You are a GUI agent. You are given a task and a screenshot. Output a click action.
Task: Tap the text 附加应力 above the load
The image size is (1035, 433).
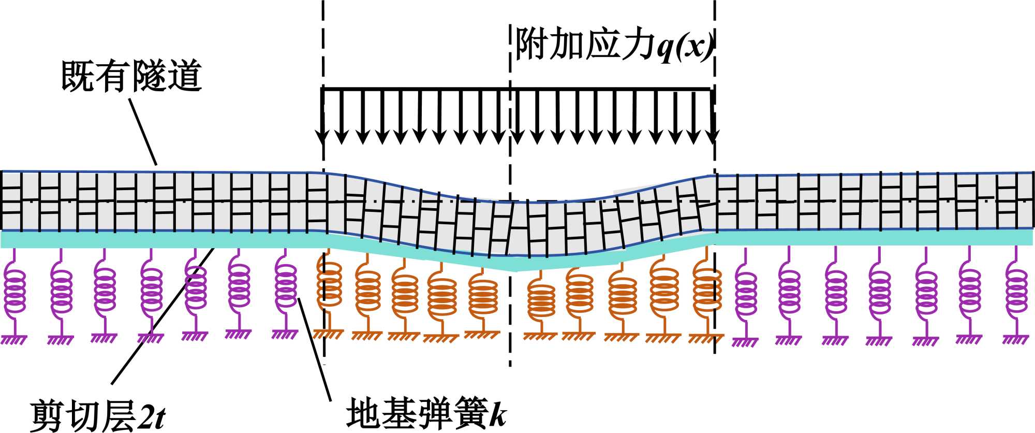pyautogui.click(x=585, y=45)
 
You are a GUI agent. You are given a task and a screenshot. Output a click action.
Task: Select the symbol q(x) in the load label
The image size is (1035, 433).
pyautogui.click(x=686, y=47)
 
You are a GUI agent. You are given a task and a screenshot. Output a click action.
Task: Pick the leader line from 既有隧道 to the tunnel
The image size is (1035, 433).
pyautogui.click(x=142, y=132)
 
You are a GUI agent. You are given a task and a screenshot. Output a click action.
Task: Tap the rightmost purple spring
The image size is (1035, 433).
pyautogui.click(x=1016, y=290)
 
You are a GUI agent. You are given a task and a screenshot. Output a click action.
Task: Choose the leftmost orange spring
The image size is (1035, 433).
pyautogui.click(x=329, y=287)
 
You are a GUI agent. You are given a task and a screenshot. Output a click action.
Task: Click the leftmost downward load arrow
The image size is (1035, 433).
pyautogui.click(x=322, y=117)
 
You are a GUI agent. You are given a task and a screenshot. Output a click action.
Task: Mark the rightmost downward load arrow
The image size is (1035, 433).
pyautogui.click(x=713, y=117)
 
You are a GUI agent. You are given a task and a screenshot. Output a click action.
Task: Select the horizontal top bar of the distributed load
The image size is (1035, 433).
pyautogui.click(x=517, y=90)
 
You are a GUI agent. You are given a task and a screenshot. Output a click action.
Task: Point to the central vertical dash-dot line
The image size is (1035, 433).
pyautogui.click(x=510, y=311)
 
